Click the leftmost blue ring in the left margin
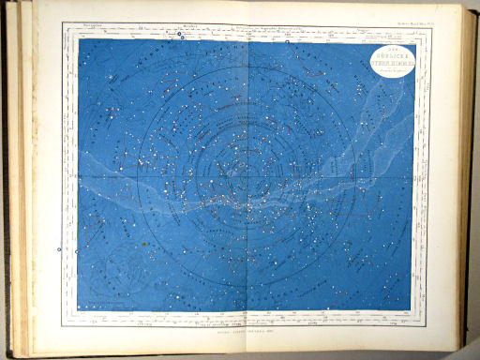[59, 250]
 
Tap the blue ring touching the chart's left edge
[77, 250]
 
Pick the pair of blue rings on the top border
[178, 36]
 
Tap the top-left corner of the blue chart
[78, 39]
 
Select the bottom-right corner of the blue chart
[412, 311]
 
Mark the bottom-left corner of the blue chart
[78, 311]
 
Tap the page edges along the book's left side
[19, 178]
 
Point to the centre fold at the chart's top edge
[248, 39]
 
